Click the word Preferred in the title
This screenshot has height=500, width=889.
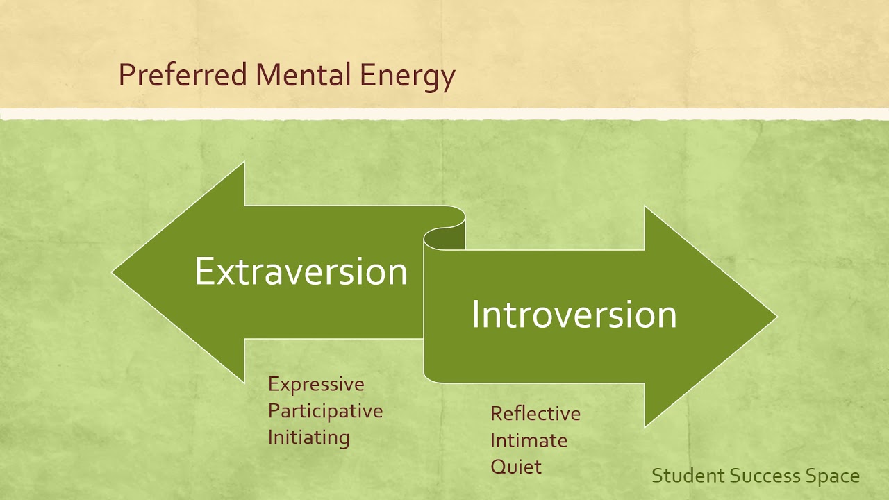point(182,75)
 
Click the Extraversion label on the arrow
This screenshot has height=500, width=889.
point(301,272)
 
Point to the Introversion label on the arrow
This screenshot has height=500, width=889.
point(574,315)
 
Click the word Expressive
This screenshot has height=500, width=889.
point(316,384)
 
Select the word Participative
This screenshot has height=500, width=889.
point(325,410)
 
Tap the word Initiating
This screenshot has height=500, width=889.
point(308,437)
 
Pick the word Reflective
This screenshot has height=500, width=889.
point(535,414)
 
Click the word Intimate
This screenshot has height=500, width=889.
point(529,440)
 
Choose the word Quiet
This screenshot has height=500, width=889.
point(515,466)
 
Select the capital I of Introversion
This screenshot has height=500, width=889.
point(476,315)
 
